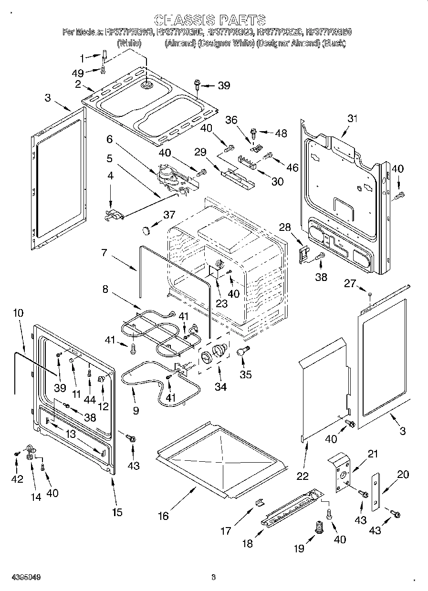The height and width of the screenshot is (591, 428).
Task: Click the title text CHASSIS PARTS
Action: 210,20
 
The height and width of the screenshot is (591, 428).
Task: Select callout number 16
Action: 163,516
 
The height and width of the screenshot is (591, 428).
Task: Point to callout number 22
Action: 303,475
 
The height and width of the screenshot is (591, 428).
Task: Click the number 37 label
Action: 169,215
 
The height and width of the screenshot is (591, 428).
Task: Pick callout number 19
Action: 299,548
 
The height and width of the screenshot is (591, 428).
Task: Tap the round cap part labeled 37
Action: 146,231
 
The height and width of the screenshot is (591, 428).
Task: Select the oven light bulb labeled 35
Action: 242,352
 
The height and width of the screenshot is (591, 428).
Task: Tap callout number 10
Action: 18,313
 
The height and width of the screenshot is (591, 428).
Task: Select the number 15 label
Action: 117,512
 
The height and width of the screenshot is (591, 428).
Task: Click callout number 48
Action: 281,133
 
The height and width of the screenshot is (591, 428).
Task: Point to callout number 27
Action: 350,284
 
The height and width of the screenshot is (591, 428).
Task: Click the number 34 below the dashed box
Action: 220,387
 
